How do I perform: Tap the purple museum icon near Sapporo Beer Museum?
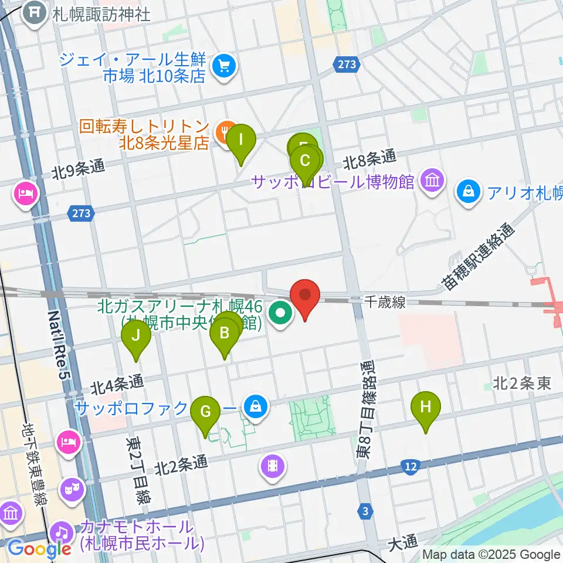point(432,180)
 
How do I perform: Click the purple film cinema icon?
point(273,466)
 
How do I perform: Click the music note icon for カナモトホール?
point(61,533)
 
